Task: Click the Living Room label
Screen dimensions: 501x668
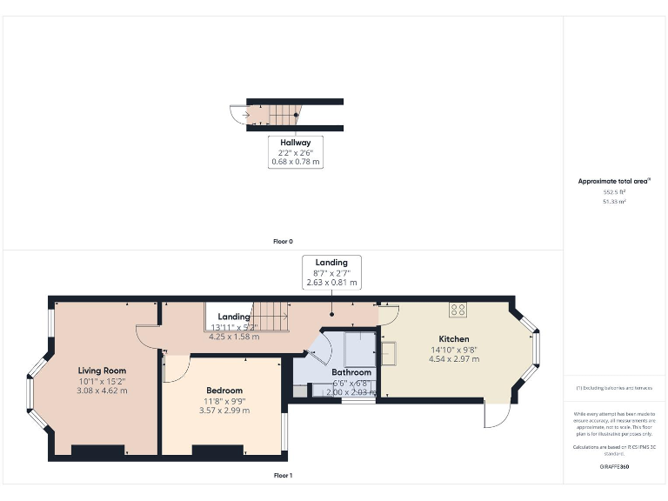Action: (103, 370)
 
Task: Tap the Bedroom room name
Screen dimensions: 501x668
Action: (224, 391)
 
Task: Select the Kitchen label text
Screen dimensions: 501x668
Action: (454, 338)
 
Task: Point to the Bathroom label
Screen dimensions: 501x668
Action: (351, 373)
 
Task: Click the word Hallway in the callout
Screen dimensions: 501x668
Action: (295, 142)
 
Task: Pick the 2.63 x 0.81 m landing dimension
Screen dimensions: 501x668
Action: (331, 283)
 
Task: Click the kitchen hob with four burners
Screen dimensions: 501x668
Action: (458, 309)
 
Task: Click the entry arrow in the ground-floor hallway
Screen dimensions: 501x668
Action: (248, 114)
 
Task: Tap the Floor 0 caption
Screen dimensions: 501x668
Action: (283, 241)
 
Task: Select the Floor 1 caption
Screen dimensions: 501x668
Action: (283, 476)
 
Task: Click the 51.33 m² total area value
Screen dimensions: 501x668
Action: (616, 201)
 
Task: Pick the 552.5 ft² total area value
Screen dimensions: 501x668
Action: (616, 191)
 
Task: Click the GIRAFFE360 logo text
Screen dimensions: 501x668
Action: (616, 468)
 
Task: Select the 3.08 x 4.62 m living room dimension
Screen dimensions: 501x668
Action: (103, 390)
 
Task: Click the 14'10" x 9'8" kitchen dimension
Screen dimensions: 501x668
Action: (454, 349)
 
